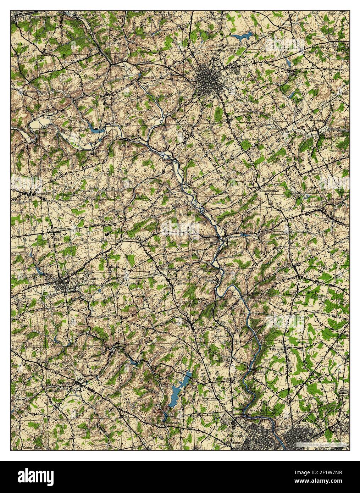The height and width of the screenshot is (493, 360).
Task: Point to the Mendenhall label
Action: pyautogui.click(x=167, y=268)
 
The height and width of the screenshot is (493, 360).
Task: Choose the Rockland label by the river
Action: pyautogui.click(x=261, y=372)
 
